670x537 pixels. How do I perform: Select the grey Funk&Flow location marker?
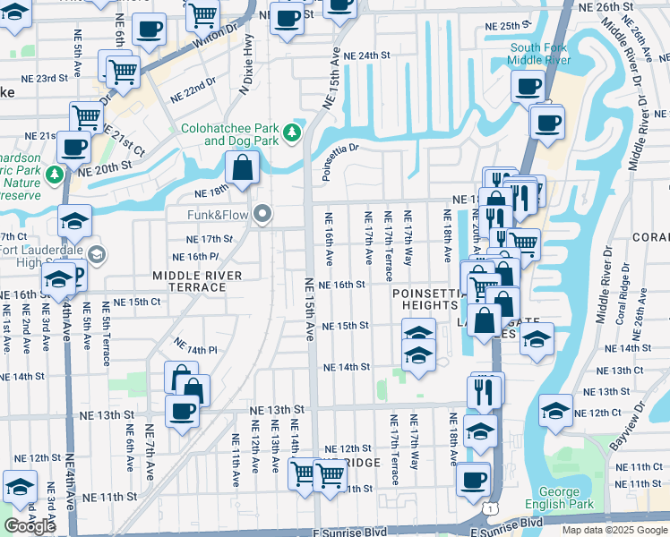coord(262,214)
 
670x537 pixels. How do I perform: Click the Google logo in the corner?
coord(30,526)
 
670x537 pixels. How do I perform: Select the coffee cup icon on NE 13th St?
coord(183,410)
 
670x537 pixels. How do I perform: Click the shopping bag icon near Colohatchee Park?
coord(243,166)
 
